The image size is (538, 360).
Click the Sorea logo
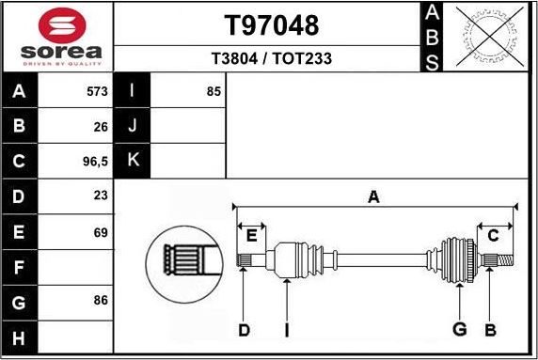click(x=57, y=37)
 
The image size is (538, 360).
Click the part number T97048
click(x=271, y=24)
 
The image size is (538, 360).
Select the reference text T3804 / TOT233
click(x=271, y=58)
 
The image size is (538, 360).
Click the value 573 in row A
click(x=96, y=92)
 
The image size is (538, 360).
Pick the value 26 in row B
click(x=101, y=126)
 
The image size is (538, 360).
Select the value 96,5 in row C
click(x=96, y=161)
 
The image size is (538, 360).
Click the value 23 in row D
click(x=101, y=196)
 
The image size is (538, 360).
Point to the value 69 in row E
click(x=101, y=231)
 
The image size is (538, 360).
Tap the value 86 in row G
click(x=101, y=301)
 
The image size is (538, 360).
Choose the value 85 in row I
click(x=214, y=92)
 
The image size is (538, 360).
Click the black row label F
click(x=20, y=267)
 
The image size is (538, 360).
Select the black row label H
click(x=20, y=337)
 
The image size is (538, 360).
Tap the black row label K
click(x=133, y=161)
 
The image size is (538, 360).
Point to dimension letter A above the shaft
click(x=373, y=197)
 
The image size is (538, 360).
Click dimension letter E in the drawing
click(x=251, y=235)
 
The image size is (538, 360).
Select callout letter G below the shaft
click(x=460, y=329)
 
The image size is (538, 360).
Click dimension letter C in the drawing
click(x=493, y=235)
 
